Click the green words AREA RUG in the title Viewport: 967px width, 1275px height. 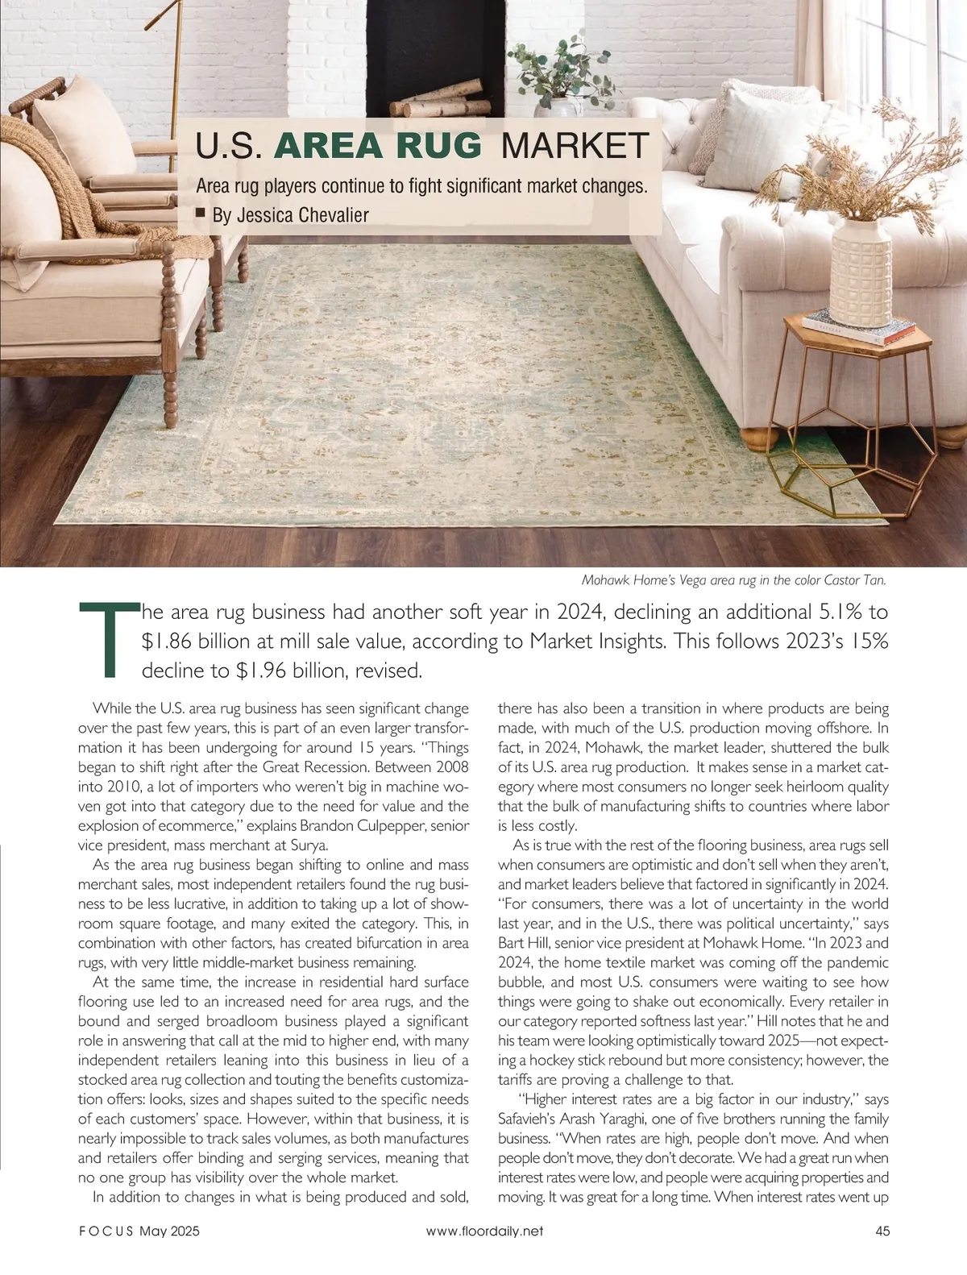378,146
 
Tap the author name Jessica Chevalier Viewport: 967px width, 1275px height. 302,215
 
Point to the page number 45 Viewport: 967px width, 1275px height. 882,1231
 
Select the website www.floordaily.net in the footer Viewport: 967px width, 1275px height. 484,1231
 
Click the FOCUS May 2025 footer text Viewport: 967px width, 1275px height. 139,1231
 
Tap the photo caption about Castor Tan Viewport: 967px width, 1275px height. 733,579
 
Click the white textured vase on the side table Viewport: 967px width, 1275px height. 861,271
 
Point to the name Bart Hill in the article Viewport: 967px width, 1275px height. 525,943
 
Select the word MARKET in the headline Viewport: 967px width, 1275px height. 575,146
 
